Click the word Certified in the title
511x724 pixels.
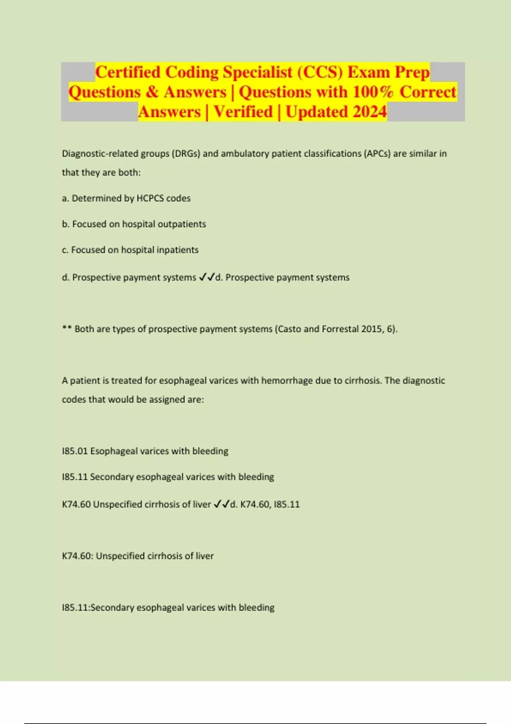tap(128, 72)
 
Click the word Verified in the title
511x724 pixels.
tap(243, 112)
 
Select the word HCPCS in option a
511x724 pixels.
tap(150, 198)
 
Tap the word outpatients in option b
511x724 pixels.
tap(182, 224)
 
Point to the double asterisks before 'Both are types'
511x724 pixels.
tap(66, 329)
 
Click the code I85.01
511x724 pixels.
tap(75, 451)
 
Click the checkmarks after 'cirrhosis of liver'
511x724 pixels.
tap(221, 505)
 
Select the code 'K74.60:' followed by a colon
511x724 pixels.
tap(78, 556)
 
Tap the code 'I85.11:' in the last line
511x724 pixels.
tap(76, 608)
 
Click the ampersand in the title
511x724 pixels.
tap(152, 92)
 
